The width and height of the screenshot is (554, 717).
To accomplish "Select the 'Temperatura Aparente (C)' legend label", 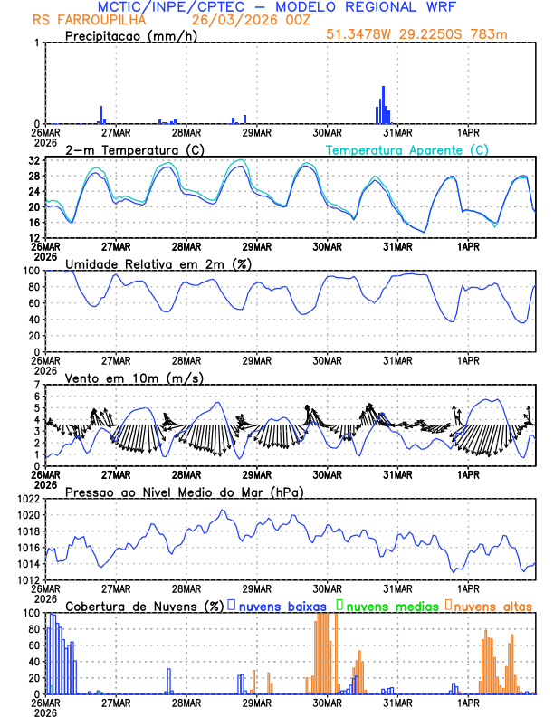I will pos(407,149).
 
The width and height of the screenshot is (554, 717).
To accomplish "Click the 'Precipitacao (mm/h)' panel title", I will pos(130,36).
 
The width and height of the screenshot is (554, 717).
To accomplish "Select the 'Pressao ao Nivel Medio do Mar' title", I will pos(184,492).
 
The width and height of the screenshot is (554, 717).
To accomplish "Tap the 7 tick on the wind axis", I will pos(37,386).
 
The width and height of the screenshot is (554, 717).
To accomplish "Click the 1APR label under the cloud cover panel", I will pos(468,702).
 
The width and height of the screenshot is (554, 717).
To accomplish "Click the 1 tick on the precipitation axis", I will pos(37,43).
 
